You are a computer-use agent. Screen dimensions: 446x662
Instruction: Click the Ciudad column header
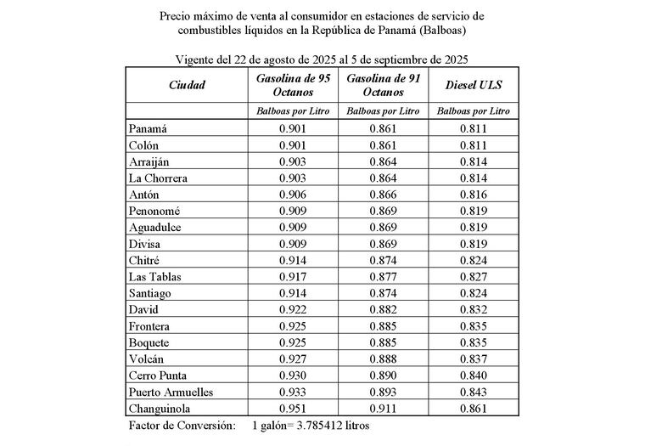pos(187,85)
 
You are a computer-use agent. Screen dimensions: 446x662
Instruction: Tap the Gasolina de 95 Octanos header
pos(291,85)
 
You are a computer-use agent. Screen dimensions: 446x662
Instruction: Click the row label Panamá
pos(148,128)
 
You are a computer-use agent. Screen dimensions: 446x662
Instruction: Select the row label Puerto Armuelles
pos(171,392)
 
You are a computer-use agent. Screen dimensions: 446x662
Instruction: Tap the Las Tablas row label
pos(155,276)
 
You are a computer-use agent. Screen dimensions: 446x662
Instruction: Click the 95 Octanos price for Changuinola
pos(292,409)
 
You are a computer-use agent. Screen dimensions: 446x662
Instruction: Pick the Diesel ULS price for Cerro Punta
pos(473,375)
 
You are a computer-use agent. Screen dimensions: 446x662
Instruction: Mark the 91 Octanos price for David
pos(383,309)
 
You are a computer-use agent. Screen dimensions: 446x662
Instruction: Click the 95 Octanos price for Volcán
pos(292,359)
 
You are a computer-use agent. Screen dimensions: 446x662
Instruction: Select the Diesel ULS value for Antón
pos(473,195)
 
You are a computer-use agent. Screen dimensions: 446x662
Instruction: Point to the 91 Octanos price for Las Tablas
pos(383,276)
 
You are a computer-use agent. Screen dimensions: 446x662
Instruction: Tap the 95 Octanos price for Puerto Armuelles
pos(292,392)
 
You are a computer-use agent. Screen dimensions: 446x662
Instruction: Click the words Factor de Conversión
pos(182,425)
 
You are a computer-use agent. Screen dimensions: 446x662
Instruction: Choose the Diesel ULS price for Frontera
pos(473,326)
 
